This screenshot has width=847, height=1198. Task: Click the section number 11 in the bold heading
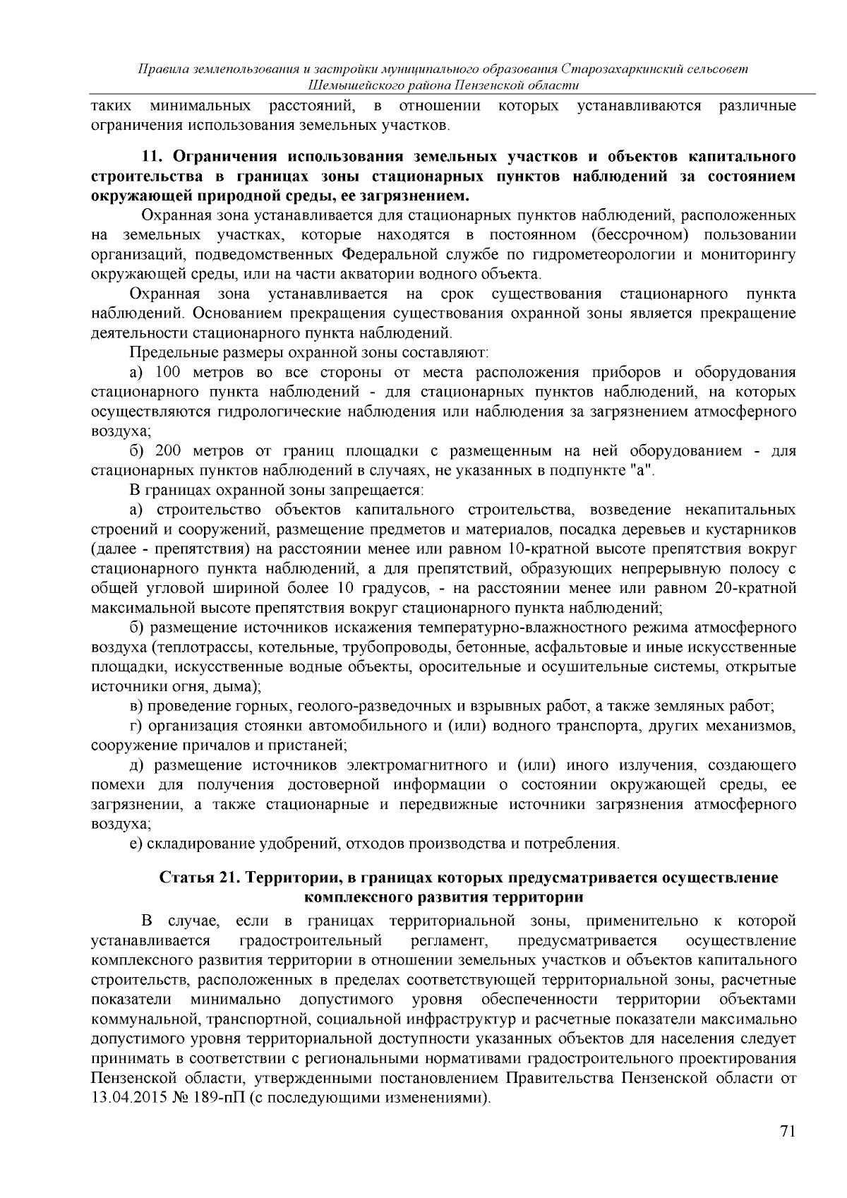tap(150, 155)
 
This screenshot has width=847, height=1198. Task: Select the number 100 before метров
tap(168, 372)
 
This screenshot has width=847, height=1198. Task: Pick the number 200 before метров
tap(168, 450)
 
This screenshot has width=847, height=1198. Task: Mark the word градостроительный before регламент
tap(311, 940)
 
